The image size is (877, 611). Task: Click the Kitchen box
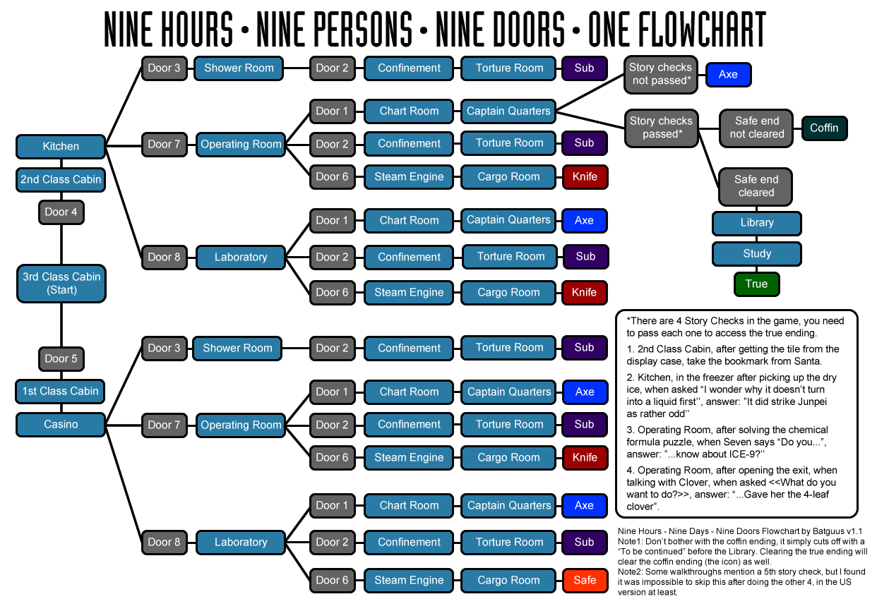(x=61, y=147)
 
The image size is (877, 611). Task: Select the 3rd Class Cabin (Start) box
(x=61, y=283)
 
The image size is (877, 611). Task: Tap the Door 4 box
(x=61, y=212)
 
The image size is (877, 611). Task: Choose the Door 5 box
(x=61, y=358)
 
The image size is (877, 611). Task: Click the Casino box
(x=61, y=424)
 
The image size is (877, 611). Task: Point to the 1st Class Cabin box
(x=61, y=391)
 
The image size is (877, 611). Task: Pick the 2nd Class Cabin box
(x=61, y=179)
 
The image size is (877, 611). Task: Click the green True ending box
(x=756, y=284)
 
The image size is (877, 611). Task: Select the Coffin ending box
(x=824, y=128)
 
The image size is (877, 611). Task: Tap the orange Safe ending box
(x=585, y=580)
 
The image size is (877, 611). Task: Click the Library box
(x=757, y=223)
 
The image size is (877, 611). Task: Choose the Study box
(x=757, y=253)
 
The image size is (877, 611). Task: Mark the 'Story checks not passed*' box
(x=660, y=74)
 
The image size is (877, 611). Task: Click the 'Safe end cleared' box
(x=756, y=186)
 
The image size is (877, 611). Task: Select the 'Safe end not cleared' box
(x=757, y=128)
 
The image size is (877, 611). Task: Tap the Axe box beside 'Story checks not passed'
(x=728, y=74)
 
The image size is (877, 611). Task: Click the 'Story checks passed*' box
(x=661, y=128)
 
